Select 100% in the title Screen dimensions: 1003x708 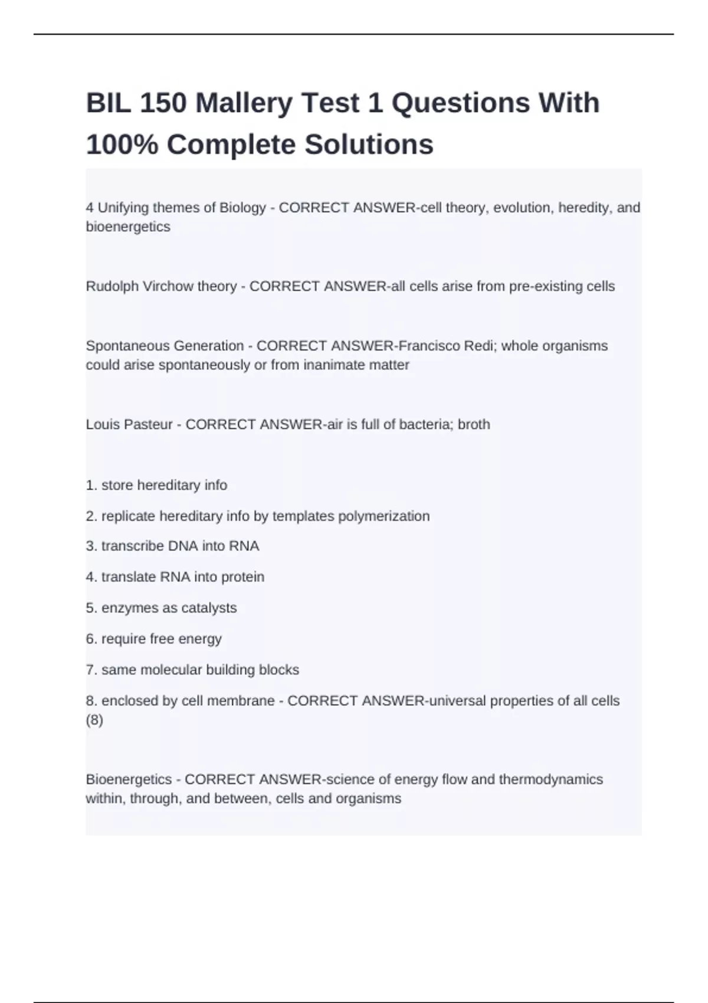[x=122, y=145]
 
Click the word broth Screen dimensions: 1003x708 [x=474, y=425]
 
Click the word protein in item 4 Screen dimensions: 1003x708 [x=242, y=577]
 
